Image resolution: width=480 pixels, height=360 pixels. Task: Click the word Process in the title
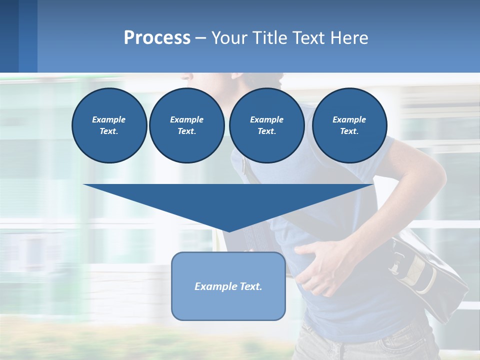(x=157, y=38)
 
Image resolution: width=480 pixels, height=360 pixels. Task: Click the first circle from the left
(x=109, y=125)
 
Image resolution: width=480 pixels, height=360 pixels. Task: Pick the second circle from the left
(x=186, y=125)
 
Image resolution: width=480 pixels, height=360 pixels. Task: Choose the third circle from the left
(x=266, y=125)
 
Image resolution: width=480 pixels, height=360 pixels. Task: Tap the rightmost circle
(x=349, y=125)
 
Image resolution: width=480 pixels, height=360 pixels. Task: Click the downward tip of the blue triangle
(x=229, y=230)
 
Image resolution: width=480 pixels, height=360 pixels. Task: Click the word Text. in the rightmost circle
(x=349, y=131)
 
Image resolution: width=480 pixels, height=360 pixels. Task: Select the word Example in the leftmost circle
(x=109, y=120)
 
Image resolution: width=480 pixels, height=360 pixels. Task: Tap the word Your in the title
(x=229, y=38)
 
